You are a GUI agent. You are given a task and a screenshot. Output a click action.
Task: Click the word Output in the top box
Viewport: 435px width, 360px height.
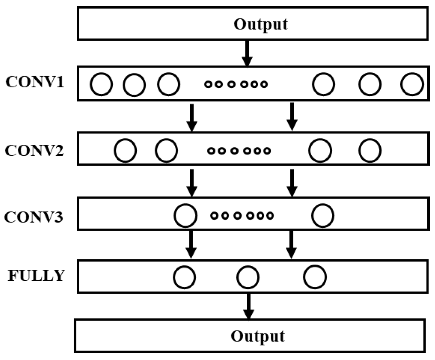261,24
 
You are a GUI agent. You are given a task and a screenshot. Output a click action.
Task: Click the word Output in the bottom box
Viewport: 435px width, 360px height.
258,336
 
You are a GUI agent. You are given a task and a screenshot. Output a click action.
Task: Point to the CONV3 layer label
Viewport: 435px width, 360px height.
34,217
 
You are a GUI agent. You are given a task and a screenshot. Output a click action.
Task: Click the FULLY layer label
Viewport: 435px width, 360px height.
36,275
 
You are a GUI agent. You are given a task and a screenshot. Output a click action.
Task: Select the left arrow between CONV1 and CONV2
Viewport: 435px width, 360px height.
192,117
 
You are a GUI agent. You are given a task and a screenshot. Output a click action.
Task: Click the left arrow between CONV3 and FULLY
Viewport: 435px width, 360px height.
192,244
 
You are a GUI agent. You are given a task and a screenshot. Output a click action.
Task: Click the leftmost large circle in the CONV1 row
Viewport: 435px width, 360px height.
101,85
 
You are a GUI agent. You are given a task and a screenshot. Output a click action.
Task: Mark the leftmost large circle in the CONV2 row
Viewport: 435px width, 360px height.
125,150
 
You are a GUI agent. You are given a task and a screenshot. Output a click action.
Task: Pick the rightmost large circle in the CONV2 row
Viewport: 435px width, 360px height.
369,150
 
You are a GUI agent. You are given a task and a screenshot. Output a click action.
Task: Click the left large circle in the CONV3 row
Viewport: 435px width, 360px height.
186,215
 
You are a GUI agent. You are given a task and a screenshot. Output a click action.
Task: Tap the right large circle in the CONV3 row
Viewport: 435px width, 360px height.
323,215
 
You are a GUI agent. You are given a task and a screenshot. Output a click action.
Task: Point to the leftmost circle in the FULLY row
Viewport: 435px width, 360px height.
185,277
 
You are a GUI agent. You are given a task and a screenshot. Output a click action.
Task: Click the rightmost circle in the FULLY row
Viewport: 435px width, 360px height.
315,276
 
